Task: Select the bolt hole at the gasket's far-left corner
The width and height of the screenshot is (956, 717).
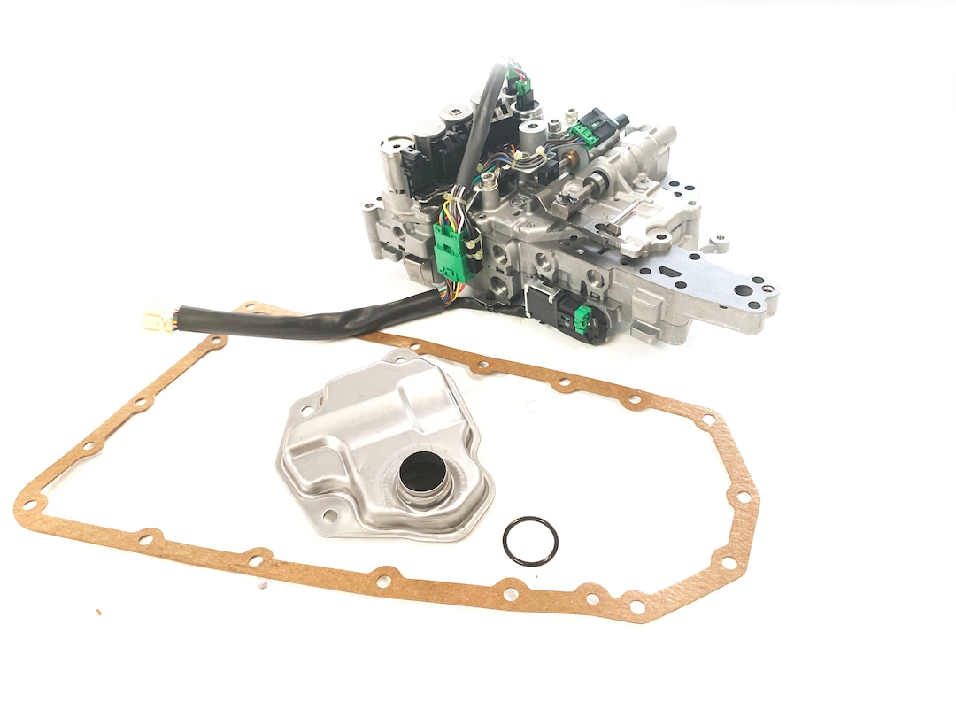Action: click(29, 506)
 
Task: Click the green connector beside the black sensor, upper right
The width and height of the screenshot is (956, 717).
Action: click(582, 134)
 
